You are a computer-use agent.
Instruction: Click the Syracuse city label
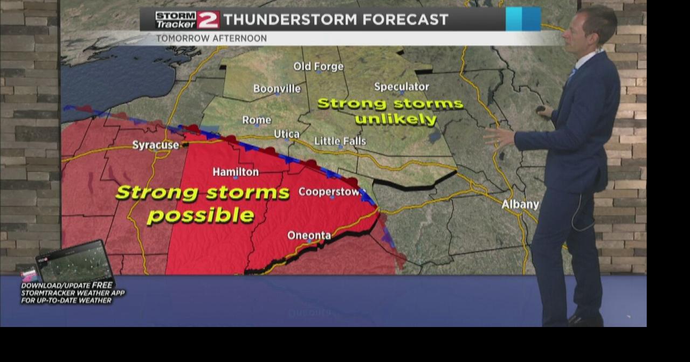click(x=155, y=145)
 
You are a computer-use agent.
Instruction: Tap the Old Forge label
click(x=318, y=67)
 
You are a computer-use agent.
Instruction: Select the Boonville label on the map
click(x=277, y=89)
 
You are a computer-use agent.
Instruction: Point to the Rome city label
click(x=257, y=120)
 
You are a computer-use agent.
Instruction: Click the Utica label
click(x=287, y=134)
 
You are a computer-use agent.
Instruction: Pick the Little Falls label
click(x=340, y=141)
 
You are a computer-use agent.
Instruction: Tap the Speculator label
click(x=402, y=87)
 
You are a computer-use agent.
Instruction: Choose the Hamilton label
click(x=236, y=172)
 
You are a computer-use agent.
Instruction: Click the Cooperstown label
click(x=329, y=192)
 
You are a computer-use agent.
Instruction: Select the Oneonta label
click(x=309, y=235)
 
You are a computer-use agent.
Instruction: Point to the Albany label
click(x=520, y=205)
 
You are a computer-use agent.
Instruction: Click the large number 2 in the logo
click(x=208, y=20)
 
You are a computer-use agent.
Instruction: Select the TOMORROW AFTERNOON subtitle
click(x=211, y=39)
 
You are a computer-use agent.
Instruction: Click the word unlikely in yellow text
click(x=396, y=120)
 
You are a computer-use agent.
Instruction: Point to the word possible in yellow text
click(x=201, y=215)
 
